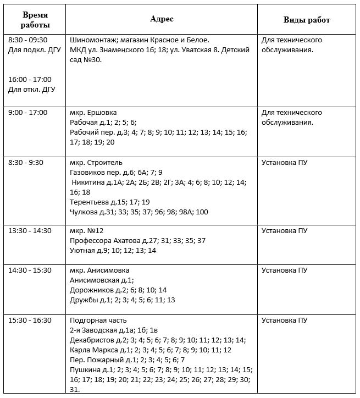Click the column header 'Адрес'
click(x=162, y=19)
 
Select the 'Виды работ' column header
click(x=307, y=20)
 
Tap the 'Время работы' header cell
click(x=35, y=20)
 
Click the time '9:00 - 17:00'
click(x=28, y=113)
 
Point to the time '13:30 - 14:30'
click(x=30, y=231)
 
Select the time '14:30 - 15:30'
click(x=30, y=270)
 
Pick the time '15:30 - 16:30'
click(x=30, y=320)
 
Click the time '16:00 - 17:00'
click(x=30, y=80)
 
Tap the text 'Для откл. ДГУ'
click(x=32, y=90)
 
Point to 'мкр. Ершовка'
click(x=93, y=113)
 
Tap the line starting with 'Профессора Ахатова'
click(x=137, y=241)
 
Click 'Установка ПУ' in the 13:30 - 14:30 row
click(x=284, y=231)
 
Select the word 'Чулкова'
click(x=84, y=212)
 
